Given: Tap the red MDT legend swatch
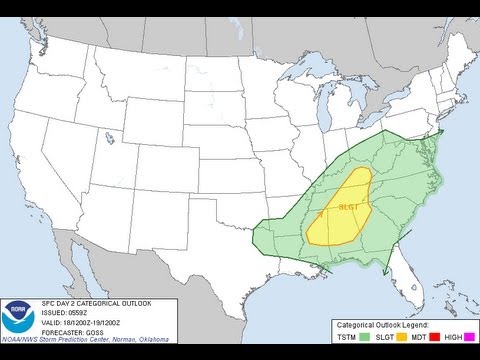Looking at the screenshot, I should pos(405,339).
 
